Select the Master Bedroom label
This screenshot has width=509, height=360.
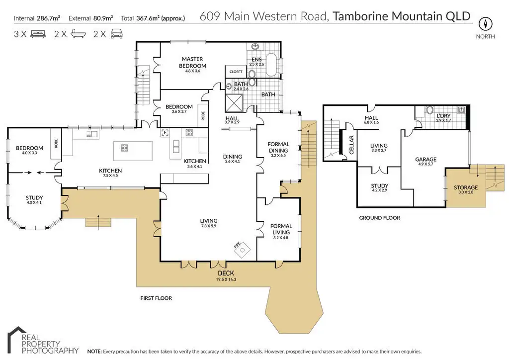click(x=192, y=63)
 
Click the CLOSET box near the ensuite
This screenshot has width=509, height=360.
click(x=236, y=72)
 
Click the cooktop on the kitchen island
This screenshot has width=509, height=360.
click(x=124, y=148)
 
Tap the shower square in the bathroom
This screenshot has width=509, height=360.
click(x=233, y=102)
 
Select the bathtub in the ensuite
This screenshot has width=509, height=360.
click(x=273, y=66)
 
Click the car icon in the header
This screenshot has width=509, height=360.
click(x=116, y=34)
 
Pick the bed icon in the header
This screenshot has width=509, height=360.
click(x=38, y=34)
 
